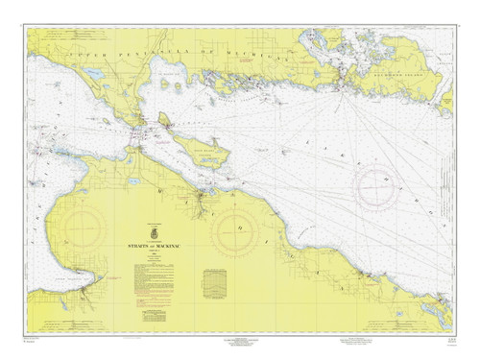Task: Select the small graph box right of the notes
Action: point(216,284)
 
